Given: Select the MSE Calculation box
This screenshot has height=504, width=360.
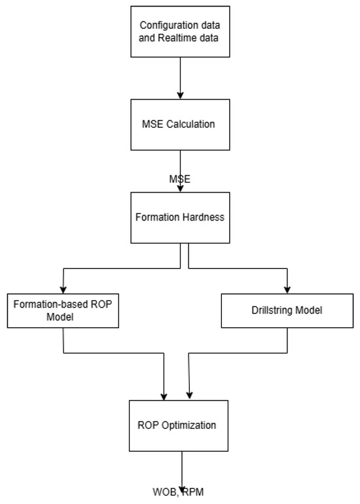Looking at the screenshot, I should pos(180,124).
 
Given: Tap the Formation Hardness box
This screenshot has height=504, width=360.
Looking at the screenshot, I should pos(180,217).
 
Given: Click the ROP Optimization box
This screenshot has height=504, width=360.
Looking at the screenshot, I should pos(180,425).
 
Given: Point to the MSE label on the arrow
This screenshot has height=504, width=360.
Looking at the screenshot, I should pos(179,178).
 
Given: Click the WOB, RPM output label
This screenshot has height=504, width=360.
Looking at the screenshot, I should pos(179,490).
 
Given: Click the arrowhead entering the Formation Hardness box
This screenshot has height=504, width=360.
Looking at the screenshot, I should pos(180,187).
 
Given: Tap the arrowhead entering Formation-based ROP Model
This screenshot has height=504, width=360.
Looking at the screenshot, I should pos(63,287).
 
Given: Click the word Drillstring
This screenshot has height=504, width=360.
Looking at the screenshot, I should pos(274,310).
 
